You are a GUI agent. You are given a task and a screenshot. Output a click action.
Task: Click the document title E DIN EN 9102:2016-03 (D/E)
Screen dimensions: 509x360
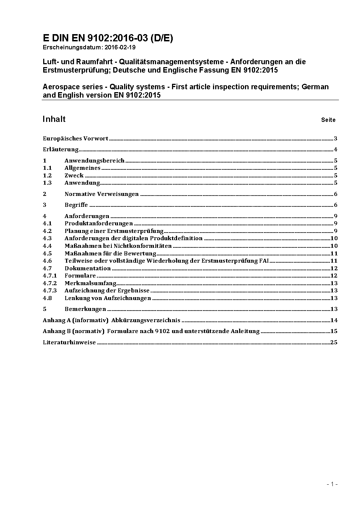click(108, 38)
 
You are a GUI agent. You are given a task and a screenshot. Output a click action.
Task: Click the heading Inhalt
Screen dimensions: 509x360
click(54, 119)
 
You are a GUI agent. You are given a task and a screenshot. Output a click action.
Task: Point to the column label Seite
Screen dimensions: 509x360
click(328, 120)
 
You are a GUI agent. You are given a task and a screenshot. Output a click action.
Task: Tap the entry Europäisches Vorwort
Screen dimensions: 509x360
click(75, 139)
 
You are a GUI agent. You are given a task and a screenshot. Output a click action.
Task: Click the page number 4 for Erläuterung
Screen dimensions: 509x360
click(336, 149)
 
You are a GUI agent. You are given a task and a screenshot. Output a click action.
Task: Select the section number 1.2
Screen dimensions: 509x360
click(47, 176)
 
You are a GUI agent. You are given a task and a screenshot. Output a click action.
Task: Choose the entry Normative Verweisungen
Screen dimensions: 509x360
click(102, 194)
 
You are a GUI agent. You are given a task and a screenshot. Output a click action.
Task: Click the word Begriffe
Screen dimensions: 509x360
click(76, 205)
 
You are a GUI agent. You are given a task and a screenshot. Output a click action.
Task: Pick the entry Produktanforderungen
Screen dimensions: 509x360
click(99, 223)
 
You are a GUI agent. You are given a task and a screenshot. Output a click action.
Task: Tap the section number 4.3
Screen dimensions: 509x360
click(47, 238)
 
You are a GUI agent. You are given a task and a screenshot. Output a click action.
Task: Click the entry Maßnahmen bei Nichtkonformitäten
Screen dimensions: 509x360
click(118, 246)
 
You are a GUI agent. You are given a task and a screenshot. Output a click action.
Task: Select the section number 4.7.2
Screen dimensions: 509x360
click(50, 283)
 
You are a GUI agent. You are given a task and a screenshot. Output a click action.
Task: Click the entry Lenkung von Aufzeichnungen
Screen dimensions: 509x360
click(108, 298)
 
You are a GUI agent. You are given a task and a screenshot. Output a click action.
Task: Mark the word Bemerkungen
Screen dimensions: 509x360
click(85, 309)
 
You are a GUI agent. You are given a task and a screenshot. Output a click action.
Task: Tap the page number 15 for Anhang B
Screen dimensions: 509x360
click(334, 331)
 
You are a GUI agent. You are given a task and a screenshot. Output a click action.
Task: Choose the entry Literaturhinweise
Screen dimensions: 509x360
click(69, 342)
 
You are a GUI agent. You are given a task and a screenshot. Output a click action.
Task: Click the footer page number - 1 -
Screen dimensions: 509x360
click(332, 484)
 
